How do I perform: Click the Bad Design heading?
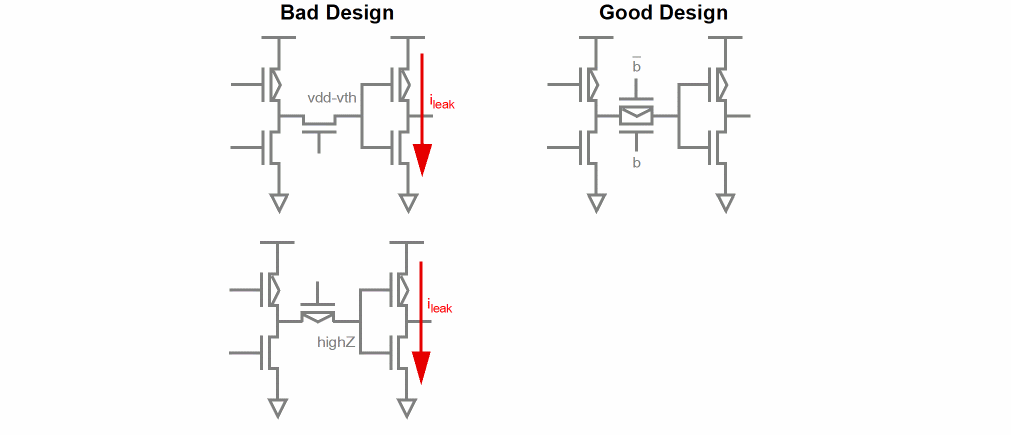click(x=337, y=13)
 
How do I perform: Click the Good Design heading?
click(x=663, y=13)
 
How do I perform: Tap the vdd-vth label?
click(x=332, y=98)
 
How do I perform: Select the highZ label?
click(x=337, y=342)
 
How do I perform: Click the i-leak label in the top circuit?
click(x=442, y=101)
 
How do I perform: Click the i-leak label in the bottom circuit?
click(x=439, y=307)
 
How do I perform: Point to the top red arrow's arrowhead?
click(x=422, y=160)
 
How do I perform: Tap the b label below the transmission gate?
click(x=636, y=163)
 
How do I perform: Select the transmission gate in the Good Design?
click(x=636, y=115)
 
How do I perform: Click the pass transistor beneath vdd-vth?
click(x=319, y=128)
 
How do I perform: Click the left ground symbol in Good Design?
click(x=596, y=204)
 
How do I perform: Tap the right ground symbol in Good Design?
click(x=725, y=204)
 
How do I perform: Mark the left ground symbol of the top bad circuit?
click(x=279, y=204)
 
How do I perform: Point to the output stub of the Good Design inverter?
click(x=741, y=116)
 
